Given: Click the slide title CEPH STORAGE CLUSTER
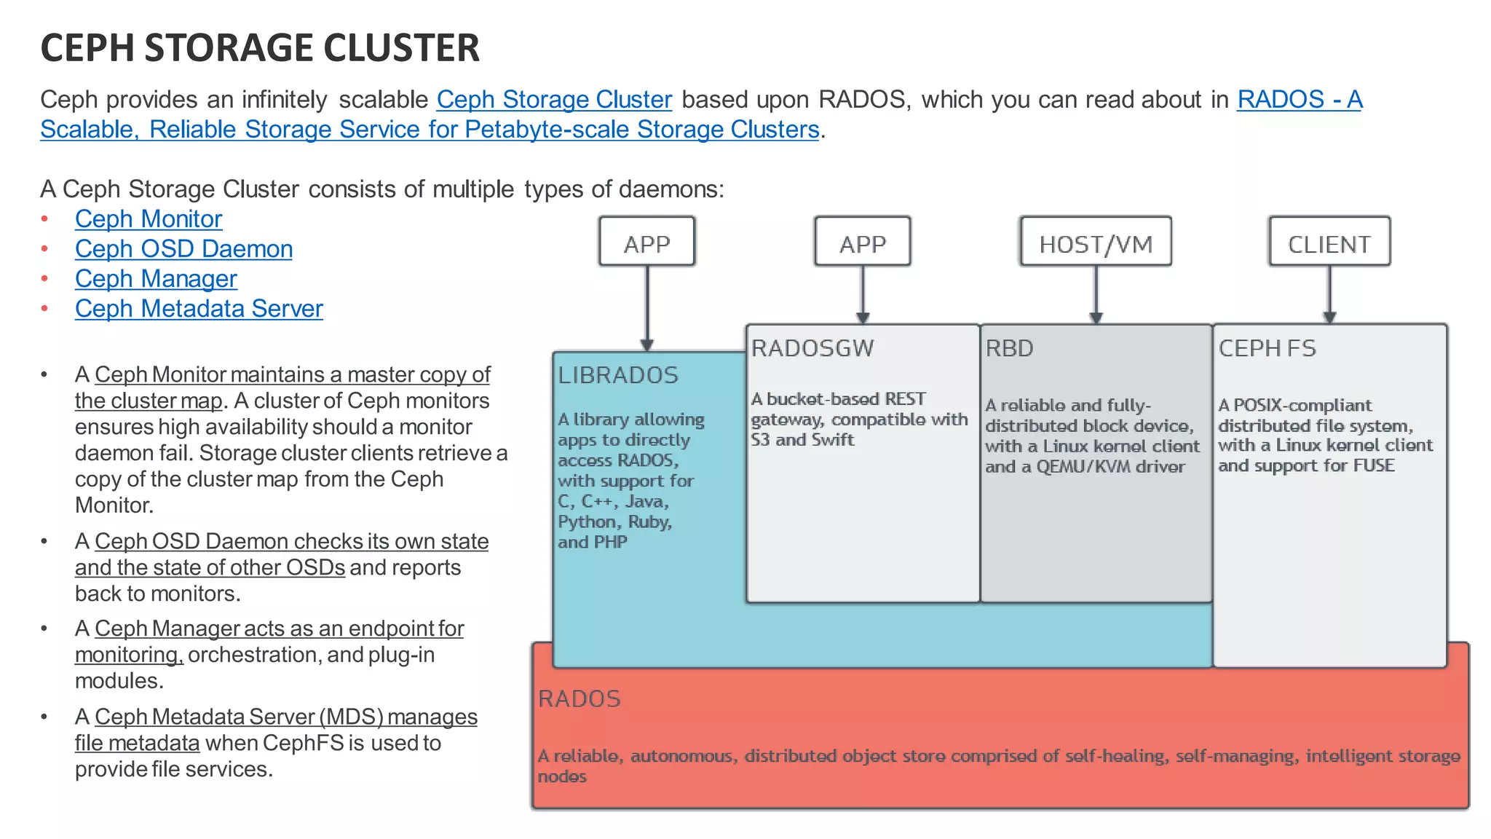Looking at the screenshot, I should tap(260, 48).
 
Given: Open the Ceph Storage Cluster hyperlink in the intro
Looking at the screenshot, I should tap(554, 100).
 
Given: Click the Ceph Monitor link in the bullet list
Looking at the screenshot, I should tap(149, 219).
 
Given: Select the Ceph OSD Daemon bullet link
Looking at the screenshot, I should tap(183, 249).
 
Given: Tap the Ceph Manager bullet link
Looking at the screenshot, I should tap(156, 279).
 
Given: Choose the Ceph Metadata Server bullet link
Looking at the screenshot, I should tap(199, 309).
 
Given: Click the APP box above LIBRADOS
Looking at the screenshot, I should tap(646, 243).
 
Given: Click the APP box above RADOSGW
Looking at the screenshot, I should tap(863, 243).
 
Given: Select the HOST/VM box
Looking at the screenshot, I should tap(1096, 243).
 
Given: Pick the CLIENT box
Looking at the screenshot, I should tap(1329, 243).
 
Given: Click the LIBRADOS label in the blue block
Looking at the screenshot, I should tap(618, 375).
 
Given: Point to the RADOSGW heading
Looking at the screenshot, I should tap(812, 348).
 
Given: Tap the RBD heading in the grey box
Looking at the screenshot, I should tap(1009, 348).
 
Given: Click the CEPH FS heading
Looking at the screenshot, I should tap(1267, 348).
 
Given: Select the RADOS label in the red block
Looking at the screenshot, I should tap(580, 698).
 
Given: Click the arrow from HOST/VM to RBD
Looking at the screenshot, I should tap(1096, 295).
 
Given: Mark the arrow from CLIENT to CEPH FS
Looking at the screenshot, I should tap(1329, 295).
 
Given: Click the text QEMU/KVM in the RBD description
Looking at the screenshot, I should tap(1083, 467).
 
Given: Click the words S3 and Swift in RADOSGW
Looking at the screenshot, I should tap(802, 440).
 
